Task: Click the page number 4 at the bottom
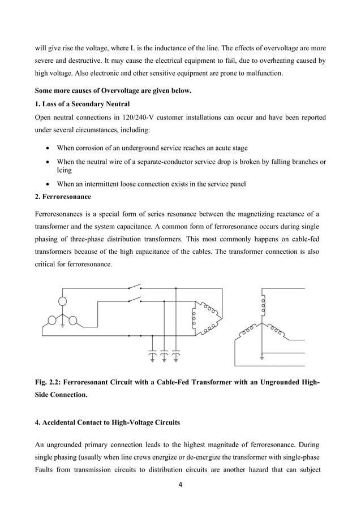pos(180,485)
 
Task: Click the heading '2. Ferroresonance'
pos(63,197)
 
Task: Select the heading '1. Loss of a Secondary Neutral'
pos(82,104)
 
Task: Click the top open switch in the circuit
pos(134,287)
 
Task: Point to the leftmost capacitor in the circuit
pos(152,354)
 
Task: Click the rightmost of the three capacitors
pos(176,354)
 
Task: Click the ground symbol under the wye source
pos(63,324)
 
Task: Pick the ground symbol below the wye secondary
pos(262,357)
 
